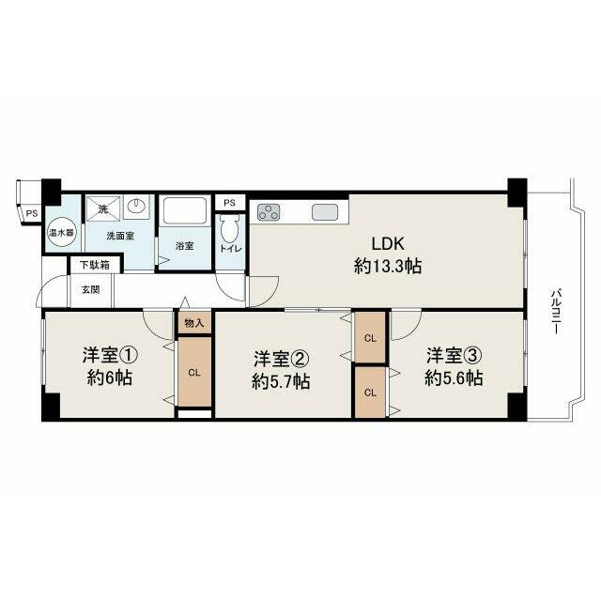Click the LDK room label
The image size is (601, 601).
(x=388, y=244)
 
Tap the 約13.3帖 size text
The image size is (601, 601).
(x=388, y=266)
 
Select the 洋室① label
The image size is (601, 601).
(x=110, y=355)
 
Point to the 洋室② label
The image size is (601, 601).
(x=282, y=359)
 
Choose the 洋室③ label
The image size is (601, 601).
(x=454, y=356)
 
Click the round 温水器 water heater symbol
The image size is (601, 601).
(x=62, y=233)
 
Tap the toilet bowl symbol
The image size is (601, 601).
(x=230, y=229)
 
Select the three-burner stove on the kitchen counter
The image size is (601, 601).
(x=269, y=212)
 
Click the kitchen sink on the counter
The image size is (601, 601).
(x=325, y=212)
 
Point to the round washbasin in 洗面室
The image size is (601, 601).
(x=136, y=208)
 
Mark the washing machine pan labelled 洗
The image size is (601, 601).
(x=103, y=208)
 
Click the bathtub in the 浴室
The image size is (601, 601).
(x=185, y=210)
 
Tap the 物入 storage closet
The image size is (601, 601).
(x=194, y=323)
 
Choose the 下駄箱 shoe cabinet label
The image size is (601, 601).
(x=95, y=265)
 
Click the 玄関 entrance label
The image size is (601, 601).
(x=91, y=290)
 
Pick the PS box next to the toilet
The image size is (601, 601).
(x=230, y=203)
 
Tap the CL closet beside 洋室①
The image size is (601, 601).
(x=194, y=372)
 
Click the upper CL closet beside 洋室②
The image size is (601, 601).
(x=370, y=338)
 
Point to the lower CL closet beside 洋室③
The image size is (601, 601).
(x=370, y=393)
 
